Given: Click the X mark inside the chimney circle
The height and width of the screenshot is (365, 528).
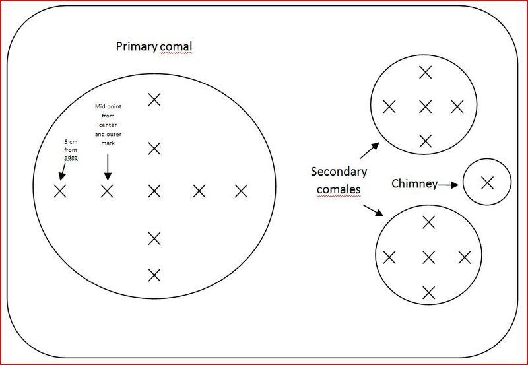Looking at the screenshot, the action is click(x=487, y=183).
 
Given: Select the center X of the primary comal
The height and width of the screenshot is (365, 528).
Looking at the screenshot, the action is click(x=154, y=191).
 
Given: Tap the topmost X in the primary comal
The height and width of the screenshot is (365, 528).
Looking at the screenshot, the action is click(x=154, y=100).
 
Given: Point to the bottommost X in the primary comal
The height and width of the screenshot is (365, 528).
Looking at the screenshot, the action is click(x=154, y=275).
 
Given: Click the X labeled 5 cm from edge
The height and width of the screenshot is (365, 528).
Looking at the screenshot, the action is click(x=60, y=191).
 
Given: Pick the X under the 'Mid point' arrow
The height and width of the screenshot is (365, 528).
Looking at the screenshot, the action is click(x=107, y=191).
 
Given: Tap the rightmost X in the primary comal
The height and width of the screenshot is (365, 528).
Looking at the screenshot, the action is click(x=241, y=191).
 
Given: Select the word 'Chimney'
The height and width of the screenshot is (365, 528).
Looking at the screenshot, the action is click(x=414, y=184).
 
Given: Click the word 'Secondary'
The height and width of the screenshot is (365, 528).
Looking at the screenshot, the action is click(x=339, y=172).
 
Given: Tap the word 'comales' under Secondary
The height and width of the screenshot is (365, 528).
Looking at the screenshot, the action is click(x=339, y=189).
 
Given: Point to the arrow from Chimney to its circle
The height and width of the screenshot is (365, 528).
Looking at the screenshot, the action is click(x=448, y=185).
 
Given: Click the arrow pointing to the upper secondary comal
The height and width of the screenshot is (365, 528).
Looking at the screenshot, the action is click(x=370, y=150).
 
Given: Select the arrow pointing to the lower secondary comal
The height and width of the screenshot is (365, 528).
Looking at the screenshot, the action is click(x=373, y=210).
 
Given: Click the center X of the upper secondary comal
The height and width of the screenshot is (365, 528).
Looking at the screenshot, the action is click(x=426, y=107).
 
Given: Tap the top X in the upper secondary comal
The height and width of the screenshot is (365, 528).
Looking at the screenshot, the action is click(x=426, y=73).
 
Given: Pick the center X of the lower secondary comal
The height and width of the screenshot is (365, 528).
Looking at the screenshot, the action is click(x=428, y=257).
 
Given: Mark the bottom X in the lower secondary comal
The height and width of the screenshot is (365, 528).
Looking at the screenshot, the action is click(x=428, y=292).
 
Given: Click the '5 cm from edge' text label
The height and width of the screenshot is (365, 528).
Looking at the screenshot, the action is click(x=71, y=150).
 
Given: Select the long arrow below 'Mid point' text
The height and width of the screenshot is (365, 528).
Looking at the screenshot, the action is click(x=108, y=167).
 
